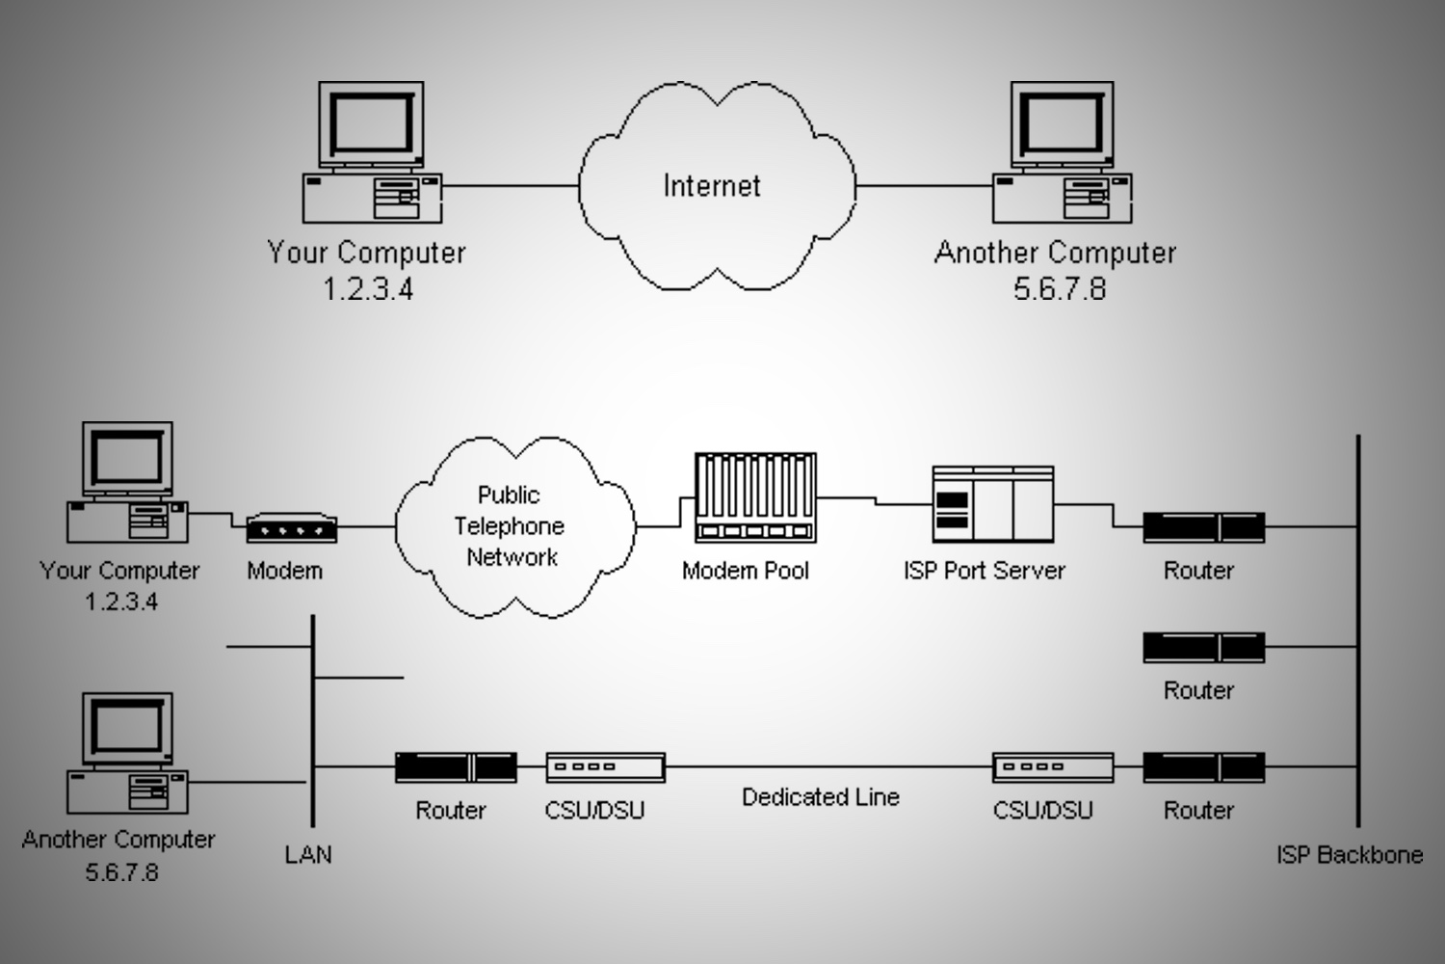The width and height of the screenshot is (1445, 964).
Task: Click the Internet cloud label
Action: click(712, 185)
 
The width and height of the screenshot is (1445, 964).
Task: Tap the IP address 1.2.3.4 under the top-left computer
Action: click(367, 288)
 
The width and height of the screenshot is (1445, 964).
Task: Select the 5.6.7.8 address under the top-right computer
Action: click(1059, 288)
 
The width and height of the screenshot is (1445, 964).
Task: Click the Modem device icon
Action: click(291, 528)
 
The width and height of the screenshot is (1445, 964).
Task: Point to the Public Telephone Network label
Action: click(510, 525)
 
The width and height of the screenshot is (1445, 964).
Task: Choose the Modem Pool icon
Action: click(755, 496)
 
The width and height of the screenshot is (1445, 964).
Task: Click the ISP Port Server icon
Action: click(992, 504)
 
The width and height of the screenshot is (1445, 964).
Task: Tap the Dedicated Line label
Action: click(820, 797)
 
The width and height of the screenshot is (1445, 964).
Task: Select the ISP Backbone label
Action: click(1349, 854)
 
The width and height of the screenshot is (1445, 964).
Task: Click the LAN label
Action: click(308, 854)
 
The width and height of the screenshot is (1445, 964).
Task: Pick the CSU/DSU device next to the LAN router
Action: click(605, 767)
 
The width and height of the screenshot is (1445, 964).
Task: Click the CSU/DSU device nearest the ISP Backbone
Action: click(1053, 767)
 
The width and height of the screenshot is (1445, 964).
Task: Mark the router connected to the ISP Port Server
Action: click(1203, 528)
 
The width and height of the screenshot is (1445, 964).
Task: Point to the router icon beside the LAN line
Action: click(456, 767)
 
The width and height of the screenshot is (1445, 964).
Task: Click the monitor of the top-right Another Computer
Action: click(1062, 124)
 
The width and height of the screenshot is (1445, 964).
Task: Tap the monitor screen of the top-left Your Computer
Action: click(371, 124)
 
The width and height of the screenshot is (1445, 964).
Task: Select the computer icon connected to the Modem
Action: click(126, 482)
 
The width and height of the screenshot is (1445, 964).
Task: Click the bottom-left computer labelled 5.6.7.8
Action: click(126, 753)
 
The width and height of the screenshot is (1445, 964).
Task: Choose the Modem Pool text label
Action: click(745, 571)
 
